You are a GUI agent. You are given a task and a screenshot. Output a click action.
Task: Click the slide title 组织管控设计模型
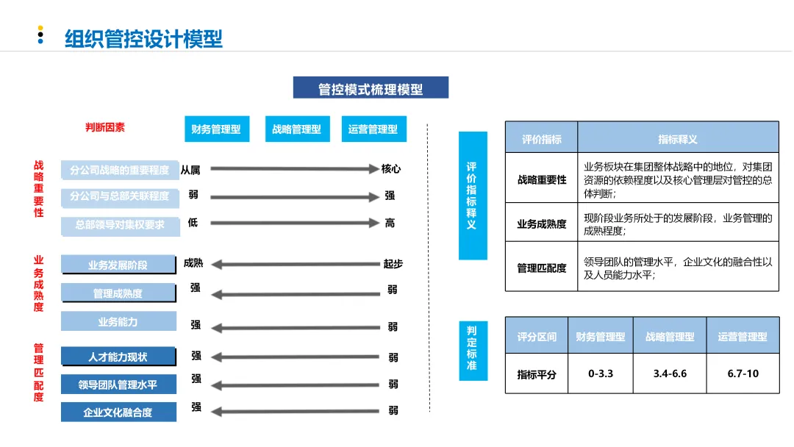[143, 37]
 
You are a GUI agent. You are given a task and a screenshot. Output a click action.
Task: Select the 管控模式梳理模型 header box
[371, 88]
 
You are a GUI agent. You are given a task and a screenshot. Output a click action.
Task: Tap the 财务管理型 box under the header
[216, 129]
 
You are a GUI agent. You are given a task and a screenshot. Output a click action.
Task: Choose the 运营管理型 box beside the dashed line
[373, 129]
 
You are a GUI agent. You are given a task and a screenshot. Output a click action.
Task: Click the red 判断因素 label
[105, 127]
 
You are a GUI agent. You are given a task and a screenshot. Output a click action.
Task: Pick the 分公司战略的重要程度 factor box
[120, 170]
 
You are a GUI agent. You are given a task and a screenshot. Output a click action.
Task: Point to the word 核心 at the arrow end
[391, 169]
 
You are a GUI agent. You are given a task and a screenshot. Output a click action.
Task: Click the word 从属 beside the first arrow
[190, 171]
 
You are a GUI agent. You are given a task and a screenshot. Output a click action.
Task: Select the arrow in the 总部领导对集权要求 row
[294, 223]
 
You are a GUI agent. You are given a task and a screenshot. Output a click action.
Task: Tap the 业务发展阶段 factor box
[118, 265]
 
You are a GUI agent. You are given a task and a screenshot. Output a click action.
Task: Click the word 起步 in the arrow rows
[393, 264]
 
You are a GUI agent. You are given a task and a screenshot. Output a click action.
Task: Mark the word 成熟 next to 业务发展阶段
[193, 262]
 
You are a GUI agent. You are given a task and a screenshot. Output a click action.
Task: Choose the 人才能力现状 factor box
[118, 357]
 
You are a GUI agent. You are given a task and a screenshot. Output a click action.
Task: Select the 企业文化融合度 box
[118, 412]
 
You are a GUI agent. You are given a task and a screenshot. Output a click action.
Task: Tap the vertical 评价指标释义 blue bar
[472, 196]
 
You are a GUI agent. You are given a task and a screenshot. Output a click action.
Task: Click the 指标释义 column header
[677, 138]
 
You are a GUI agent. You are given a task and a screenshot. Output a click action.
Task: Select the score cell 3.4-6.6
[670, 373]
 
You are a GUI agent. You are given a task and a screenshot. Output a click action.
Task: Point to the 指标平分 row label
[537, 374]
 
